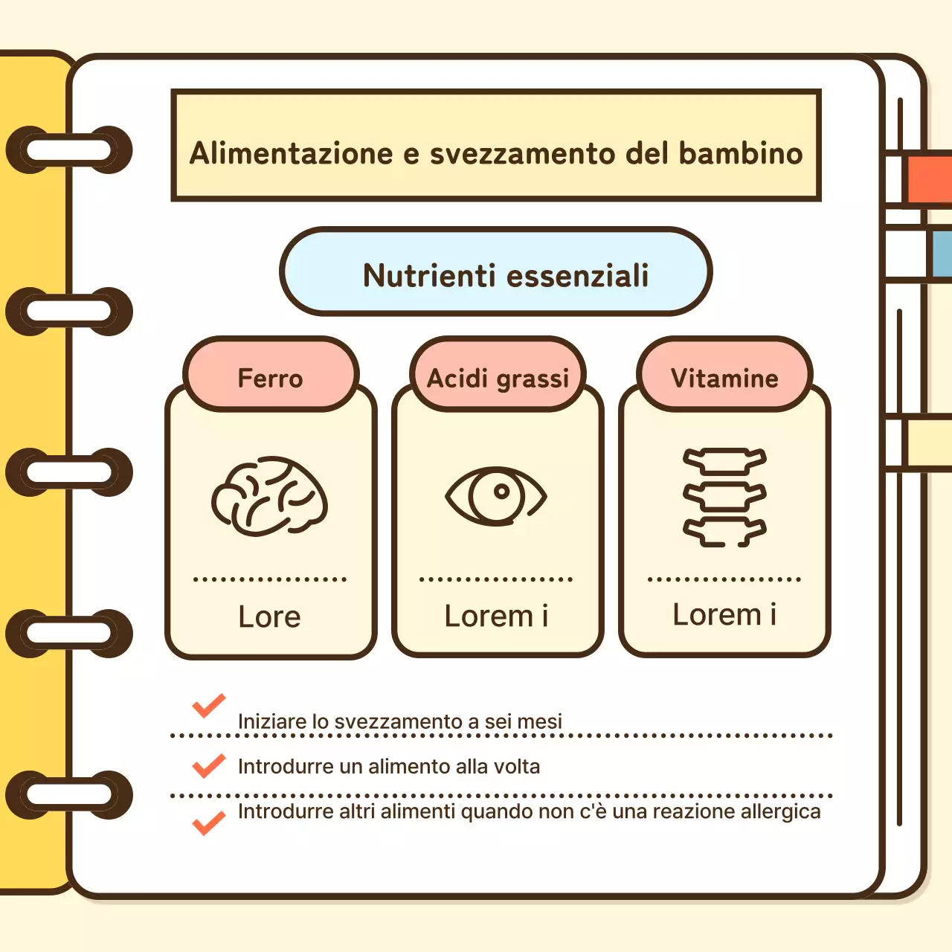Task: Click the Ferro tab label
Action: point(271,378)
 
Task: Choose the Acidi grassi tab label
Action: point(498,378)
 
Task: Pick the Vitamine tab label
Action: point(724,378)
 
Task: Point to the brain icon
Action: point(269,496)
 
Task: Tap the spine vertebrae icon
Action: point(724,498)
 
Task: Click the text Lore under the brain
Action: point(269,617)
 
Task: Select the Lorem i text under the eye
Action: point(496,616)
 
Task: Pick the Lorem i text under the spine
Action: point(724,614)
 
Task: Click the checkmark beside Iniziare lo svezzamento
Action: point(209,706)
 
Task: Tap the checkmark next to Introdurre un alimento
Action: point(209,765)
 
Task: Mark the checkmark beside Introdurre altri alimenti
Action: point(209,823)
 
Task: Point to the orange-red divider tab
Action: point(929,179)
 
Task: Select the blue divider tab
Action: point(941,253)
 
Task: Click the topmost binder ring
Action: point(69,150)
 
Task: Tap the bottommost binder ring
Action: point(69,794)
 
